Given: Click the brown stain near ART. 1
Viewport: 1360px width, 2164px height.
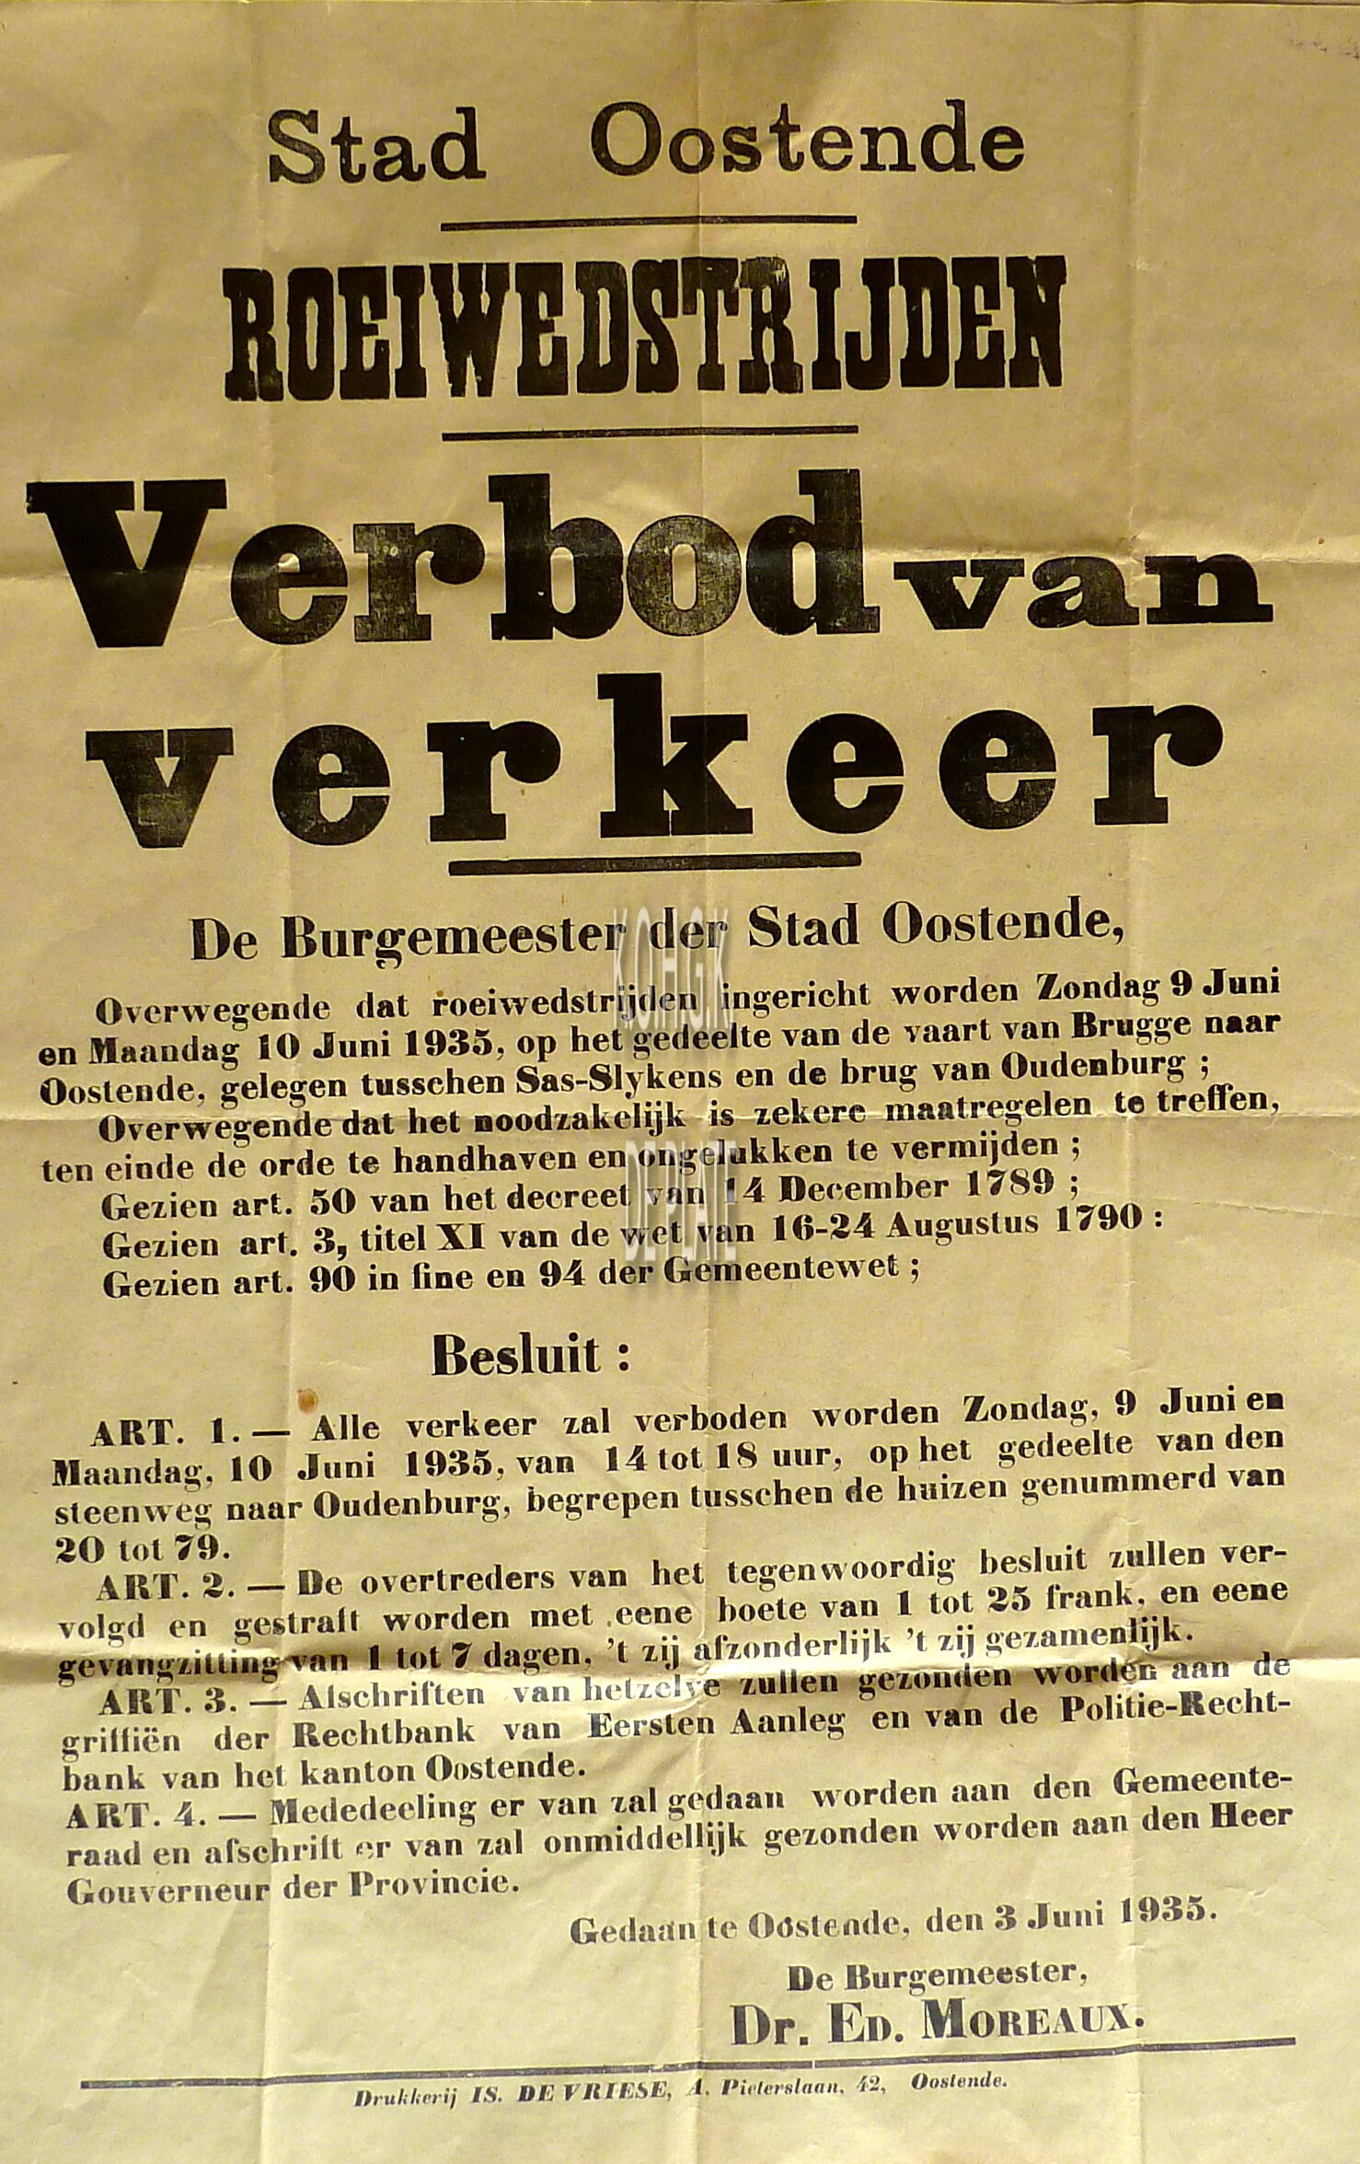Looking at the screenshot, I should point(307,1397).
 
